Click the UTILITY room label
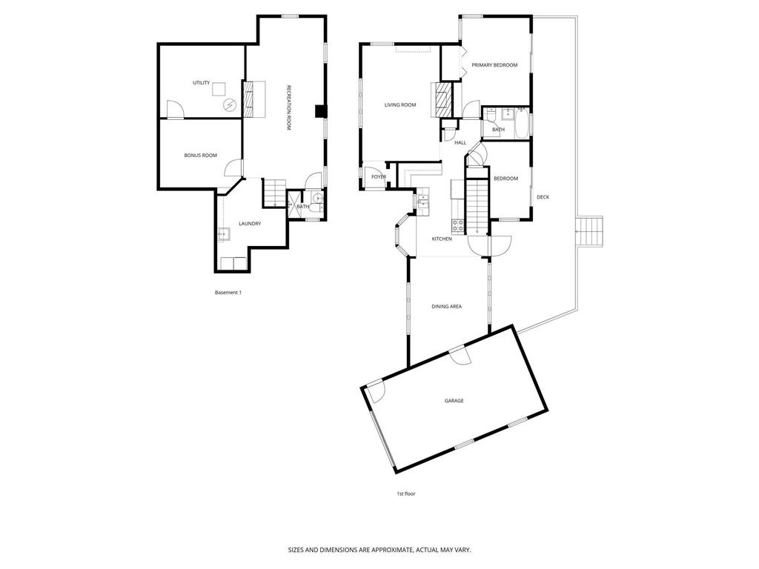(201, 83)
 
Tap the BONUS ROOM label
(200, 155)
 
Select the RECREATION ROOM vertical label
(288, 108)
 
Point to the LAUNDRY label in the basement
(249, 223)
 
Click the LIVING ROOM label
(400, 105)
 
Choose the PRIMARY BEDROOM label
(494, 65)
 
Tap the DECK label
(543, 196)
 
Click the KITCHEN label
(442, 239)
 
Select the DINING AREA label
(447, 306)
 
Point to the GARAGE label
(454, 401)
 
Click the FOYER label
(379, 177)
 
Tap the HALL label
(460, 142)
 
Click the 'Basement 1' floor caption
(228, 293)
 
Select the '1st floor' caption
(406, 493)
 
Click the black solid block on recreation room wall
(320, 112)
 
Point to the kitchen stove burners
(458, 226)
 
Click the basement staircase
(275, 193)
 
